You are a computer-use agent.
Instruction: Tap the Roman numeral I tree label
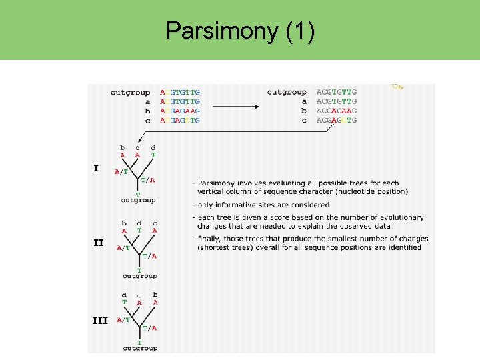(96, 168)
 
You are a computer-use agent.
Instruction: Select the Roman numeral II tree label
(98, 243)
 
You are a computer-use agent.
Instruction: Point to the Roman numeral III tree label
(100, 320)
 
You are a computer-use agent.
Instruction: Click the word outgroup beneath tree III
(139, 348)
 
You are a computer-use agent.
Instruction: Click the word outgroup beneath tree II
(139, 275)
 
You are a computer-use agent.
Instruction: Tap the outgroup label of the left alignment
(130, 92)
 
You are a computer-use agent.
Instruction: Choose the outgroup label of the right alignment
(287, 92)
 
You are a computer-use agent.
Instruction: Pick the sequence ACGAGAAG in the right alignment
(337, 111)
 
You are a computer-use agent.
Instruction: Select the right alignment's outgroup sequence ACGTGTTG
(337, 92)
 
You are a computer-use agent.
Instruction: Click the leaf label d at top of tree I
(153, 147)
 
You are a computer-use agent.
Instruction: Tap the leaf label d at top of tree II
(139, 223)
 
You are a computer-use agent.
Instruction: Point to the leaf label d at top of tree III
(124, 294)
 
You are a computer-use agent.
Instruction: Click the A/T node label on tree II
(123, 248)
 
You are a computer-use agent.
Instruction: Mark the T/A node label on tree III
(150, 327)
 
